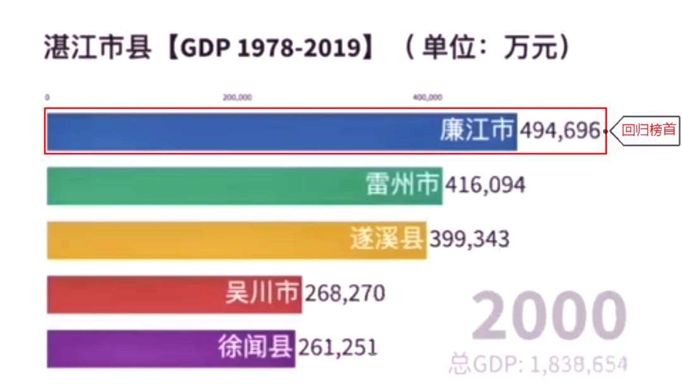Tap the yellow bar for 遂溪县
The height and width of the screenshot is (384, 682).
tap(196, 240)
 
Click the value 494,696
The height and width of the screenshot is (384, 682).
tap(559, 131)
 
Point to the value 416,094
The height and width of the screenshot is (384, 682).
tap(485, 185)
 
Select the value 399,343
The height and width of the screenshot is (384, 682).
tap(469, 240)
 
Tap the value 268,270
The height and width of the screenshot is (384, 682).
tap(345, 294)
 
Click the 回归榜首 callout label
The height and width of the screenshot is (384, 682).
tap(649, 131)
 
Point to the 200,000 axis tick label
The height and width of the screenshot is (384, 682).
tap(237, 97)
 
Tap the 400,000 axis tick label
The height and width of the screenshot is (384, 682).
tap(428, 97)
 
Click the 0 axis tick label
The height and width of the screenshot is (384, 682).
tap(47, 97)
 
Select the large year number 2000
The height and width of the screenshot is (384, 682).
tap(548, 316)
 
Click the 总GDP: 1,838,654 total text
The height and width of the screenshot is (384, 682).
tap(538, 364)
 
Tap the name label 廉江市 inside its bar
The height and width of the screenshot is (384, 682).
tap(477, 131)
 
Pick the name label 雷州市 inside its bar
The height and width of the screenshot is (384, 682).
tap(402, 185)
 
